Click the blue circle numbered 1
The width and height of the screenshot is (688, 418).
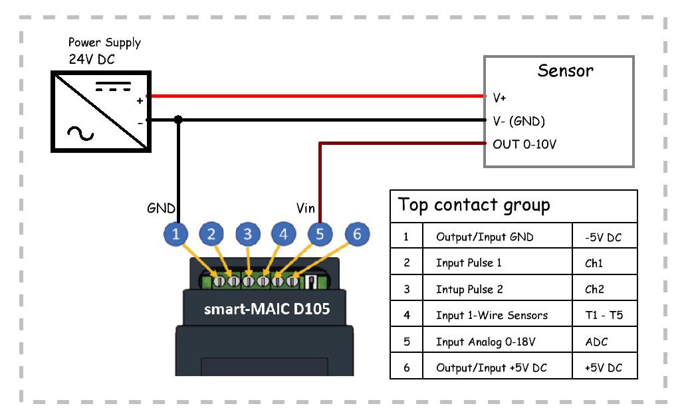pos(176,234)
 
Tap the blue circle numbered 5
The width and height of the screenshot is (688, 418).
pos(320,234)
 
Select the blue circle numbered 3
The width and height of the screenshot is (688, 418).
pos(248,234)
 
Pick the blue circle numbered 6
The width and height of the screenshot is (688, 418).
pos(357,234)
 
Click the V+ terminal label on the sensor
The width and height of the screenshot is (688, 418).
pos(499,98)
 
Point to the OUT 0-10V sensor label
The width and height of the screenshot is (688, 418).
pos(524,144)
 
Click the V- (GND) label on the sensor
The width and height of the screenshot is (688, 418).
pos(518,121)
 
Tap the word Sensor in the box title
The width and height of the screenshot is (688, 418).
pos(565,70)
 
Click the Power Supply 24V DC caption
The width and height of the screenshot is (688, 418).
pos(104,51)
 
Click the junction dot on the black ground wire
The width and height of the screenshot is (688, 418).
pos(177,120)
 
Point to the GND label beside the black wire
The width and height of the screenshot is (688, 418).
pos(160,209)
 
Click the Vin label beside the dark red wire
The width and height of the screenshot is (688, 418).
pos(305,209)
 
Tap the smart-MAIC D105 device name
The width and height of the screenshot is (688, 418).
pos(267,310)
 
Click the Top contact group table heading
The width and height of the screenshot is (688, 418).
pos(474,205)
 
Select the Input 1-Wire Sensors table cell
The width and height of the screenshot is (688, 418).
pos(491,315)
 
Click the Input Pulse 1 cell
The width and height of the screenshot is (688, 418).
pos(468,262)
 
